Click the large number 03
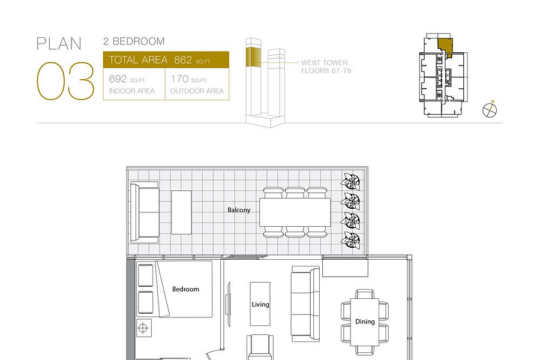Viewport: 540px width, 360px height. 65,81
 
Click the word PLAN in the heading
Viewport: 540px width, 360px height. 59,44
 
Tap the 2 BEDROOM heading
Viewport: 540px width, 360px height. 134,41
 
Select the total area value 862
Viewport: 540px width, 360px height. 183,60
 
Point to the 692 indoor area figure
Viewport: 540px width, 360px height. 118,79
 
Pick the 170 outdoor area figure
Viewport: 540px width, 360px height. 179,79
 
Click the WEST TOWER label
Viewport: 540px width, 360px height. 324,62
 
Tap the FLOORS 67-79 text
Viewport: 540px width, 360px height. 326,71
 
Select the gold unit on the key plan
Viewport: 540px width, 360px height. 445,47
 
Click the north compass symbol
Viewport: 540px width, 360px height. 490,110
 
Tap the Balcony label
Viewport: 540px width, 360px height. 239,210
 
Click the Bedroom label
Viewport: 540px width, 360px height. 185,289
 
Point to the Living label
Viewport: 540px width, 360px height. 260,304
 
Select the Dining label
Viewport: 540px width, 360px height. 365,322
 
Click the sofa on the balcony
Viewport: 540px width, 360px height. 145,212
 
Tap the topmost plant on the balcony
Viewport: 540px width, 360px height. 350,181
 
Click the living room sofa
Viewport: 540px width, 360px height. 305,304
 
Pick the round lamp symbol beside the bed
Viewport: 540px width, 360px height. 143,328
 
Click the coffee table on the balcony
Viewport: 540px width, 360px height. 181,212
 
